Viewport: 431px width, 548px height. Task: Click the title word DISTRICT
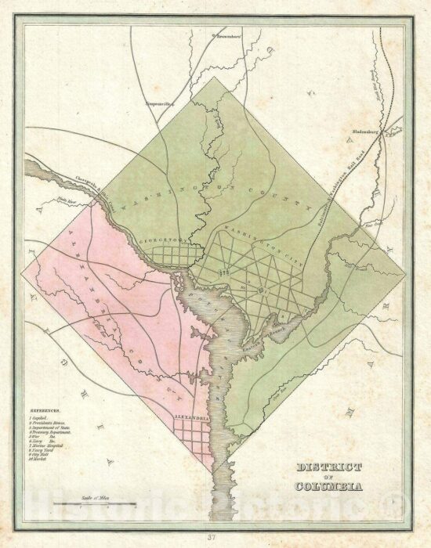click(x=329, y=467)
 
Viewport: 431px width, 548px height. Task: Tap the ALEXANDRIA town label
click(x=192, y=418)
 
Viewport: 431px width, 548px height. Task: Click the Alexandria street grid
click(x=194, y=438)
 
